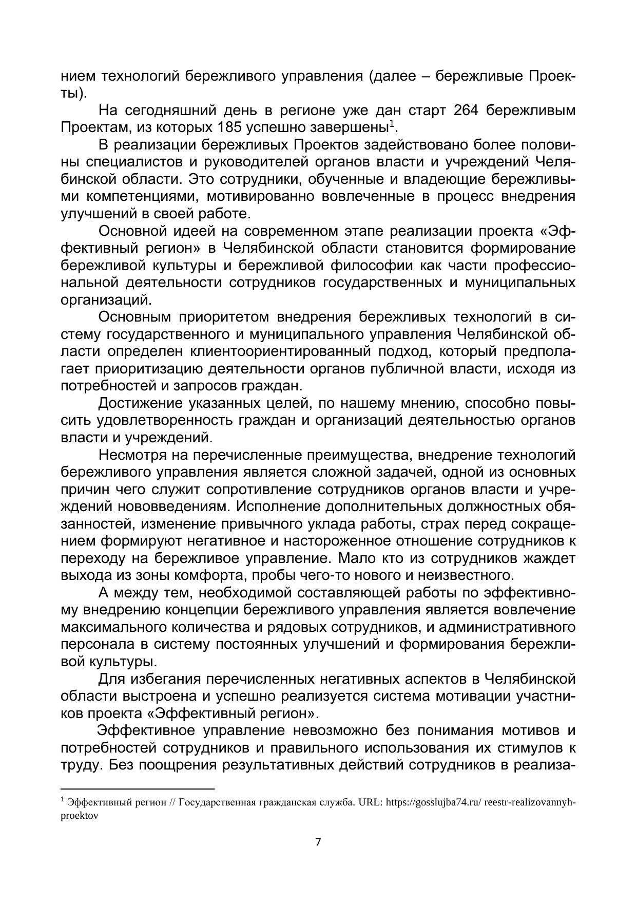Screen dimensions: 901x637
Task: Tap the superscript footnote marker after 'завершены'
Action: click(x=392, y=124)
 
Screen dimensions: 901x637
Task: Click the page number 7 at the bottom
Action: click(x=318, y=842)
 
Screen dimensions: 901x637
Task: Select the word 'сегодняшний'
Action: click(x=178, y=110)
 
